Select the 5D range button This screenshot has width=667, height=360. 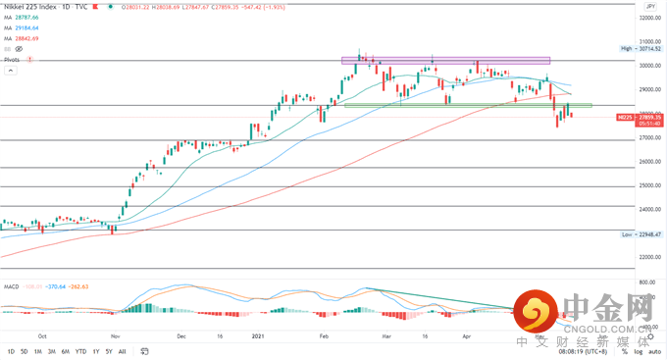pyautogui.click(x=24, y=350)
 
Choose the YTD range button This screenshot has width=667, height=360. pyautogui.click(x=79, y=350)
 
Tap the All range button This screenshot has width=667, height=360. pyautogui.click(x=122, y=350)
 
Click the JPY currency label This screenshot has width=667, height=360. pyautogui.click(x=649, y=5)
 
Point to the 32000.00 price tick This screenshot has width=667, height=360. pyautogui.click(x=646, y=18)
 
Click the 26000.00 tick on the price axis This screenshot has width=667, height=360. pyautogui.click(x=646, y=162)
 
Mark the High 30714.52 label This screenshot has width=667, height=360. pyautogui.click(x=642, y=48)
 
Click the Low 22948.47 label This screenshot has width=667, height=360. pyautogui.click(x=642, y=235)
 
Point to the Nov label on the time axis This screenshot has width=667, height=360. pyautogui.click(x=115, y=334)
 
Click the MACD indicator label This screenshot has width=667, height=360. pyautogui.click(x=13, y=286)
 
